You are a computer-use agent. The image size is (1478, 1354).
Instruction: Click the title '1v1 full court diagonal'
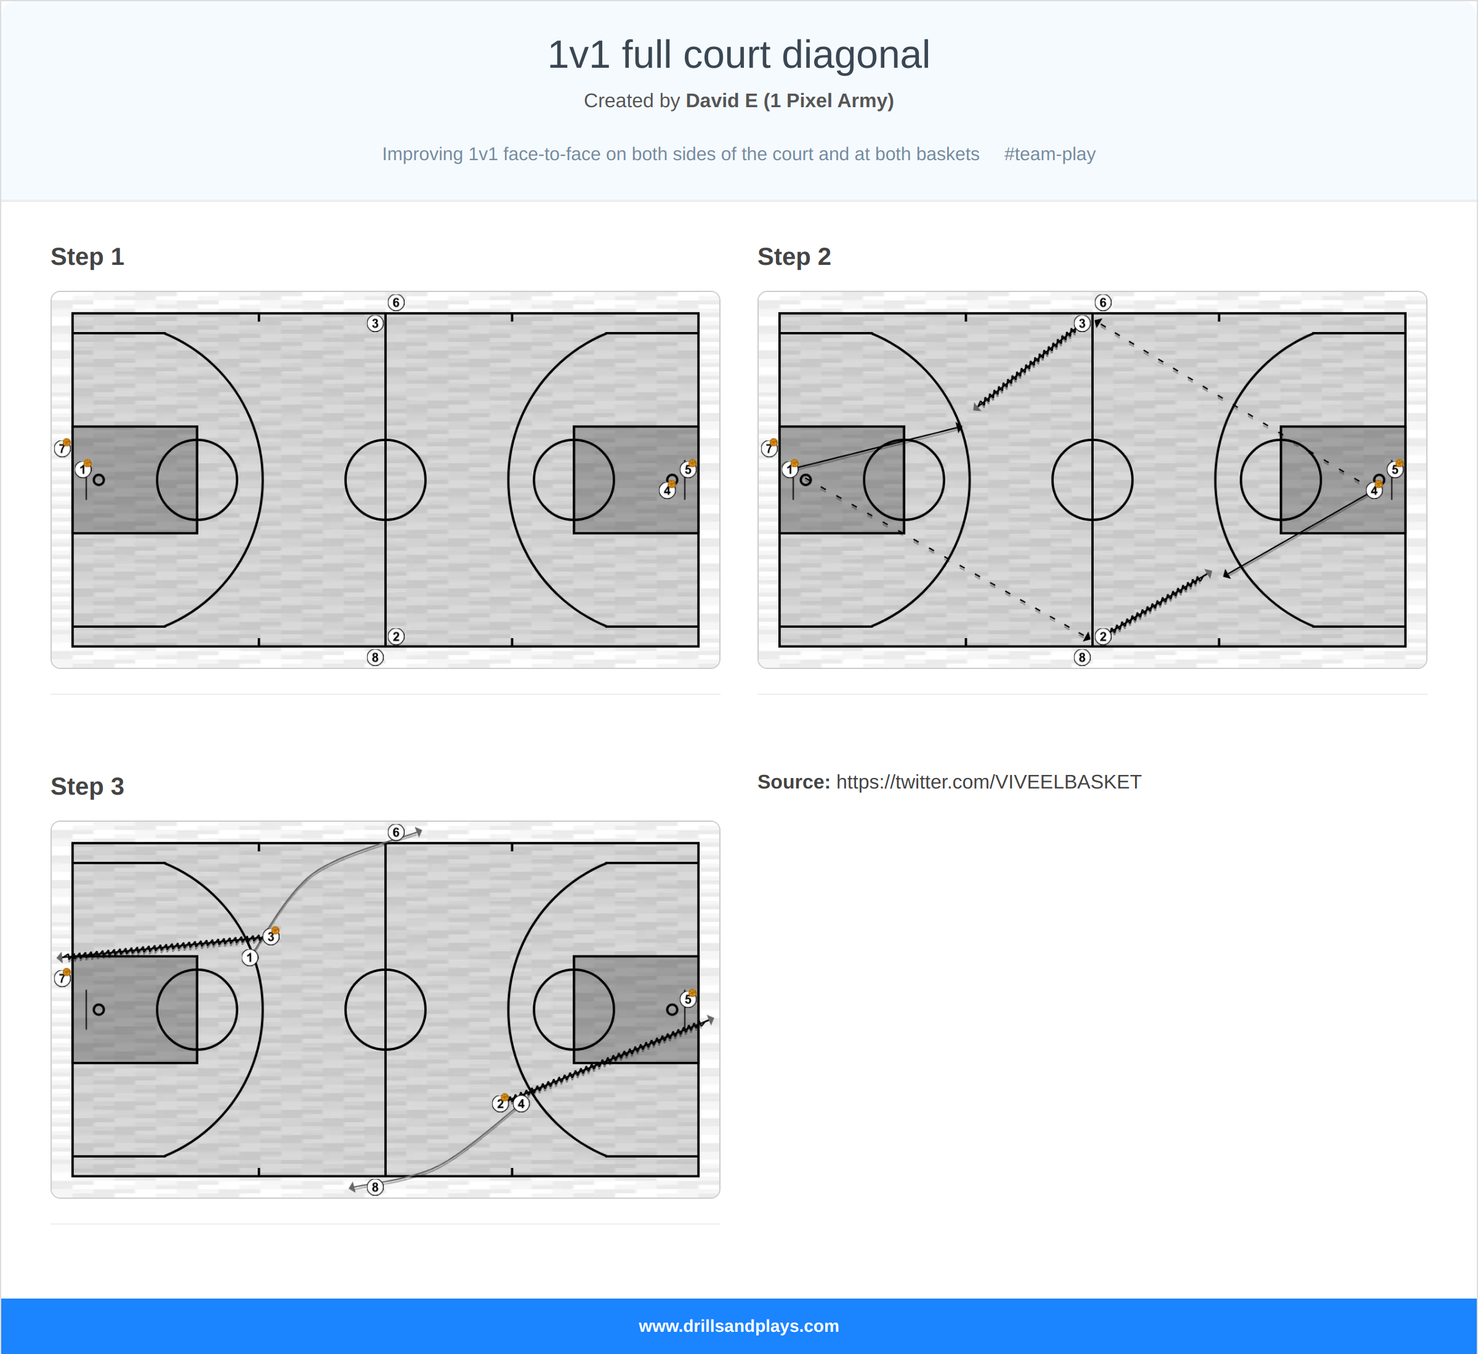pyautogui.click(x=738, y=55)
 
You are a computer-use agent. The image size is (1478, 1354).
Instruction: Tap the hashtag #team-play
pyautogui.click(x=1049, y=154)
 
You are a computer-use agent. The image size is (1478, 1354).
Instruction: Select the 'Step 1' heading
pyautogui.click(x=87, y=257)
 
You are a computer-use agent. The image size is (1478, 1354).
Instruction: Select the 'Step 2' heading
pyautogui.click(x=794, y=257)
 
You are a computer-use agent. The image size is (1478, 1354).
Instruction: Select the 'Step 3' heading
pyautogui.click(x=87, y=786)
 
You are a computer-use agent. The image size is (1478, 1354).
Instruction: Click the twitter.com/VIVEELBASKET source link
pyautogui.click(x=988, y=782)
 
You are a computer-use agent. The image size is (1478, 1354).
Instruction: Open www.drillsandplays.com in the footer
pyautogui.click(x=738, y=1326)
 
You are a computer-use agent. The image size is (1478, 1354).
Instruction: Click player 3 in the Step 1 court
pyautogui.click(x=374, y=323)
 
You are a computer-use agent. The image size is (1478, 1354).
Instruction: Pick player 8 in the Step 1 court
pyautogui.click(x=374, y=657)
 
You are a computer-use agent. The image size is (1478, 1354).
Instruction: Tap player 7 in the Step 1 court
pyautogui.click(x=62, y=448)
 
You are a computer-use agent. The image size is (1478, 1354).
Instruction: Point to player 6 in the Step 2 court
pyautogui.click(x=1102, y=302)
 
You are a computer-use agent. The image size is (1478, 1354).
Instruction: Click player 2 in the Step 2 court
pyautogui.click(x=1102, y=636)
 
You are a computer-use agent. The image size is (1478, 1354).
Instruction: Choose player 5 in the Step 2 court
pyautogui.click(x=1394, y=469)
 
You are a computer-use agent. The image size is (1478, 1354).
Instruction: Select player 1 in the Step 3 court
pyautogui.click(x=250, y=958)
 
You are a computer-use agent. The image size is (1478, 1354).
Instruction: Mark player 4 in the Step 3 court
pyautogui.click(x=521, y=1103)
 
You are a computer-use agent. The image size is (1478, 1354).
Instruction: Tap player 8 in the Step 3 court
pyautogui.click(x=374, y=1187)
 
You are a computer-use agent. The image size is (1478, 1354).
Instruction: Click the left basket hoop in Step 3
pyautogui.click(x=99, y=1009)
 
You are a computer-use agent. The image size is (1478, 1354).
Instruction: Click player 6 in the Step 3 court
pyautogui.click(x=396, y=832)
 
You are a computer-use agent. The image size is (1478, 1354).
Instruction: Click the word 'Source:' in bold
pyautogui.click(x=793, y=782)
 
